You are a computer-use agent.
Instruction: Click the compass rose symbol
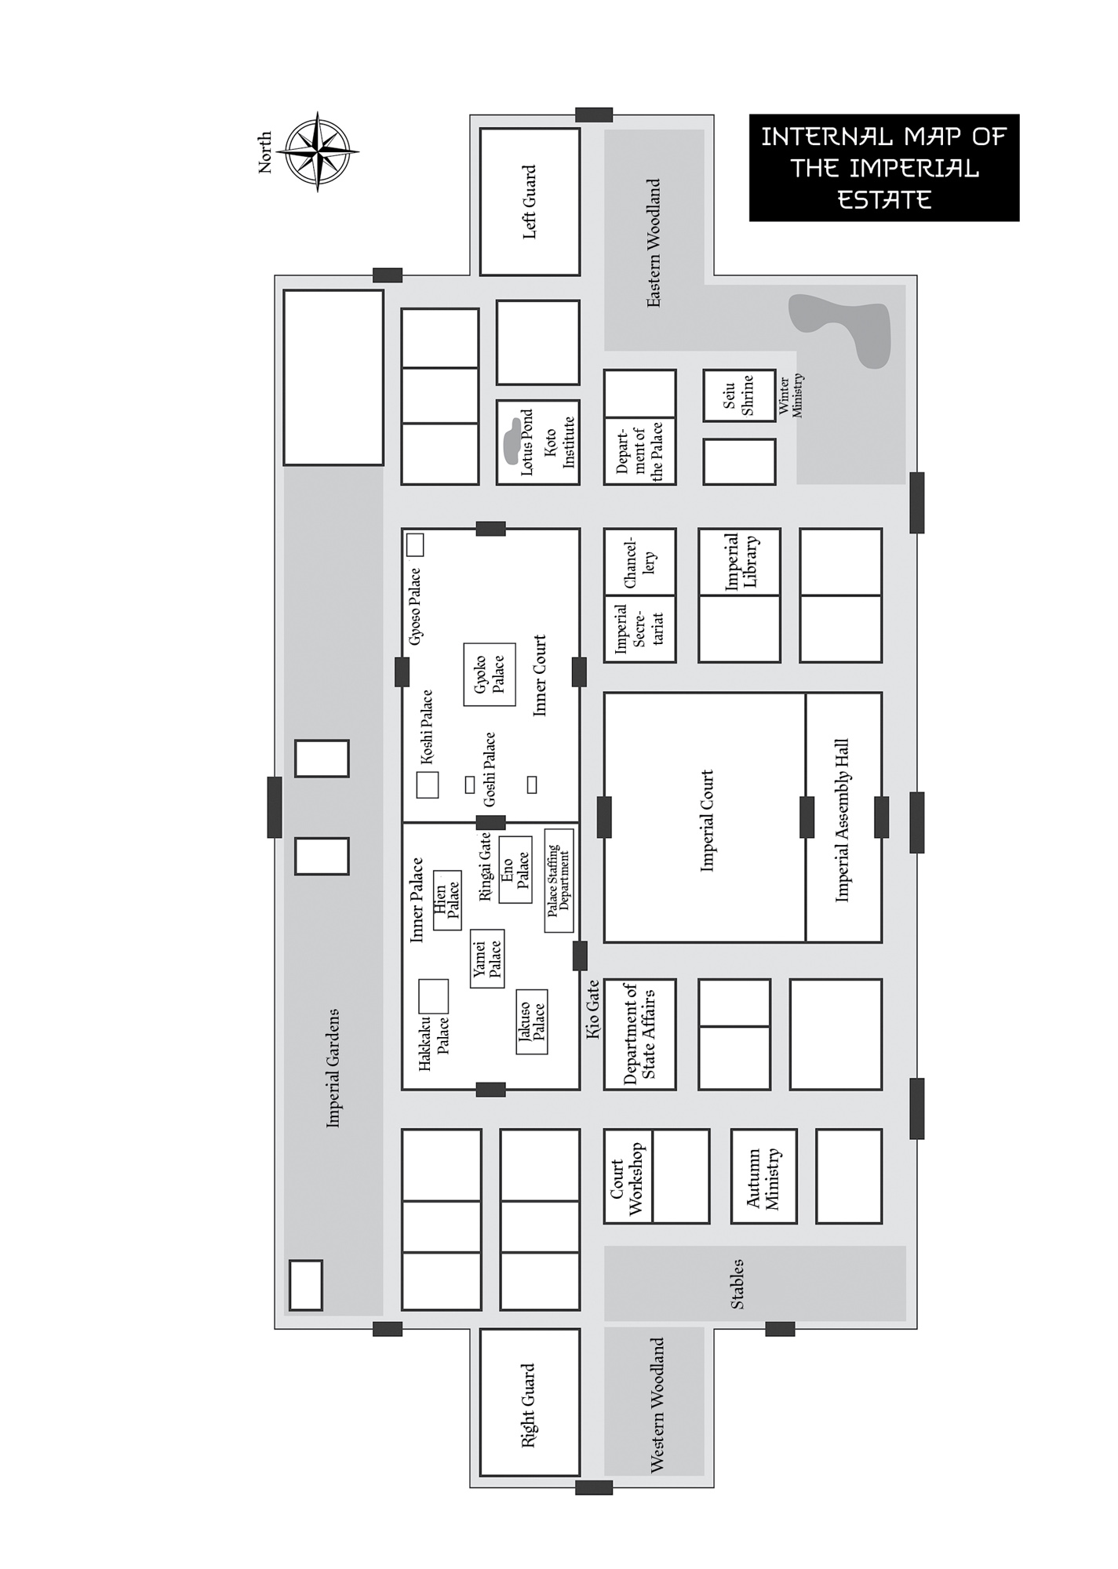(x=318, y=151)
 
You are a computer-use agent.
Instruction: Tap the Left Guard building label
(x=530, y=202)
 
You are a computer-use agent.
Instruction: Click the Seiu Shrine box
(x=738, y=395)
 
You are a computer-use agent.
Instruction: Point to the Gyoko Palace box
(x=489, y=675)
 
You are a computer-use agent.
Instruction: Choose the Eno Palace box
(x=515, y=869)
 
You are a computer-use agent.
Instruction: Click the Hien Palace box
(x=447, y=900)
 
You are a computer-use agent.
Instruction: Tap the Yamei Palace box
(x=487, y=959)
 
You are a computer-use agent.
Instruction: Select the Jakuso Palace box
(x=532, y=1021)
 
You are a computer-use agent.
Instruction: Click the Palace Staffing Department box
(x=559, y=880)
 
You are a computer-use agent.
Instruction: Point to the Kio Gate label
(x=593, y=1010)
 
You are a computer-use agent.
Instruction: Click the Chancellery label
(x=639, y=562)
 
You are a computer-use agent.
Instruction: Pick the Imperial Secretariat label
(x=639, y=628)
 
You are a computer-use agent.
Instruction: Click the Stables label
(x=737, y=1284)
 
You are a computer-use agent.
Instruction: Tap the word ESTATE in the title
(x=884, y=200)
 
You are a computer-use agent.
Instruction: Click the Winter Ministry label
(x=791, y=396)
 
